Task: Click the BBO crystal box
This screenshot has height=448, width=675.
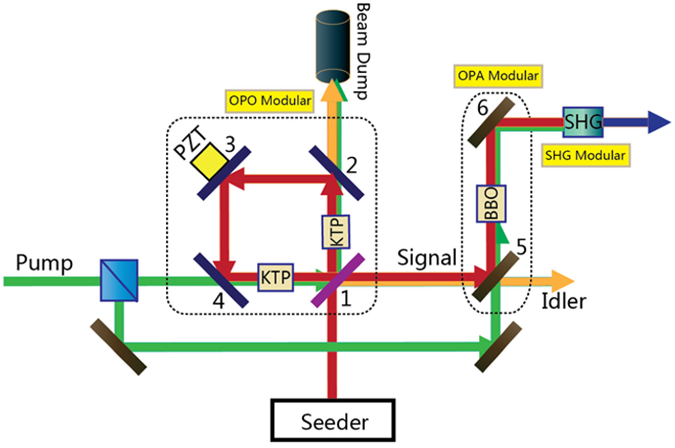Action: [x=491, y=204]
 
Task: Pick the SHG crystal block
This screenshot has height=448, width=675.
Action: [x=583, y=122]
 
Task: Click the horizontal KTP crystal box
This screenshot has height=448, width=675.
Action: [x=276, y=277]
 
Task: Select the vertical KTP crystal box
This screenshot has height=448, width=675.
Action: [x=336, y=232]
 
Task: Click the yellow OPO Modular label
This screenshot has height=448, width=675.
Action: [x=270, y=101]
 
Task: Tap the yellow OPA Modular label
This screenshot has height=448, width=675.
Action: [x=498, y=76]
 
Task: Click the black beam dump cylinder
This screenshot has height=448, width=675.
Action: [x=333, y=46]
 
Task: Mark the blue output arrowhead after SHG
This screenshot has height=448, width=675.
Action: [x=658, y=122]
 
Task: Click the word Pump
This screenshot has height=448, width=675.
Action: [x=44, y=263]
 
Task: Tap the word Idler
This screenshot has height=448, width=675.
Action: [x=564, y=301]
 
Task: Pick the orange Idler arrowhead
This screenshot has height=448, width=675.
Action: [x=562, y=281]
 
